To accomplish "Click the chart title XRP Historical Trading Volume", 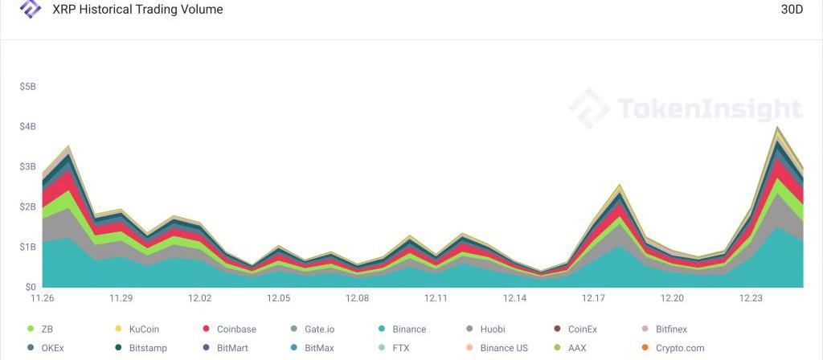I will click(137, 10).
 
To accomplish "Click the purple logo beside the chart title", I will click(31, 9).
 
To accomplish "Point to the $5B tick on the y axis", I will click(27, 87).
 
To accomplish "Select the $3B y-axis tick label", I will click(27, 167).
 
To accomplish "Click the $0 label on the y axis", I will click(30, 287).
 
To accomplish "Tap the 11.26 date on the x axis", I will click(42, 298).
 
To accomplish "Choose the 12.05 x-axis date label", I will click(279, 298).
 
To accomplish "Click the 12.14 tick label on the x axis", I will click(515, 298).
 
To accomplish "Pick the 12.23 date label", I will click(751, 298).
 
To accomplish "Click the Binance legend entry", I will click(409, 329).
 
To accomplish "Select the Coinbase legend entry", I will click(236, 329).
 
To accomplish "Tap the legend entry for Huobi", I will click(493, 329).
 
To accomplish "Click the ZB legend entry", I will click(47, 329).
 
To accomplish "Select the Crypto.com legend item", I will click(681, 349).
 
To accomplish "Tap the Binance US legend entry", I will click(504, 349).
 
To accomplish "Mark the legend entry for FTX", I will click(401, 349).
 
